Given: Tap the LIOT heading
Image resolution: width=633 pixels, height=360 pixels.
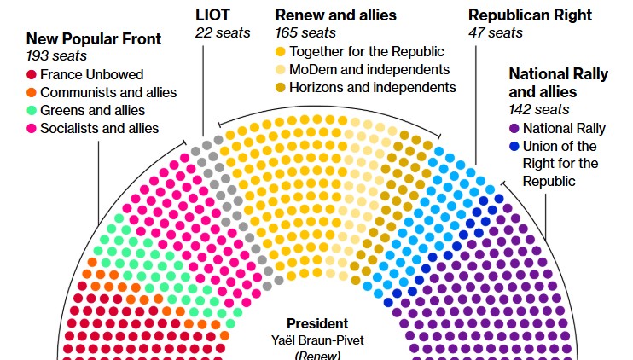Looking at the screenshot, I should point(212,15).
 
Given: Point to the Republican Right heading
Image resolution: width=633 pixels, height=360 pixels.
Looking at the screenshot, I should point(530,15).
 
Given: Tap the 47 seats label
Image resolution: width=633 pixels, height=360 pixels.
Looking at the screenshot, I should point(495,32).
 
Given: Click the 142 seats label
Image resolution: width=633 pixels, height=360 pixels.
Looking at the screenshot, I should point(538,109).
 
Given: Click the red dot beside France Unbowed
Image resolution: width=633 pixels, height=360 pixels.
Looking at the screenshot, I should point(32,74).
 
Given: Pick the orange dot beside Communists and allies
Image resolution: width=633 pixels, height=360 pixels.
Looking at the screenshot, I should point(32,92).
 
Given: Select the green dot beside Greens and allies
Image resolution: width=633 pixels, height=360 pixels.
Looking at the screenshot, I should point(32,110).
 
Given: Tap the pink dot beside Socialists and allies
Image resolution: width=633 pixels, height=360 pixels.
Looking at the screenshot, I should point(32,128).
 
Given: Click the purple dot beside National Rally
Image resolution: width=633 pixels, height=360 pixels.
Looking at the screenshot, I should point(514,128).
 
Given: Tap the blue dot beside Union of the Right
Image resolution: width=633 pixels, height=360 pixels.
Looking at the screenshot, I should point(514,146).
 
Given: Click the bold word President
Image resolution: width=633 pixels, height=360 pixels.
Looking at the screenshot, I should point(316,323).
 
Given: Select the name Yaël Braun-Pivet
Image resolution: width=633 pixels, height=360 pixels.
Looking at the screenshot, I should point(316,340).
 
